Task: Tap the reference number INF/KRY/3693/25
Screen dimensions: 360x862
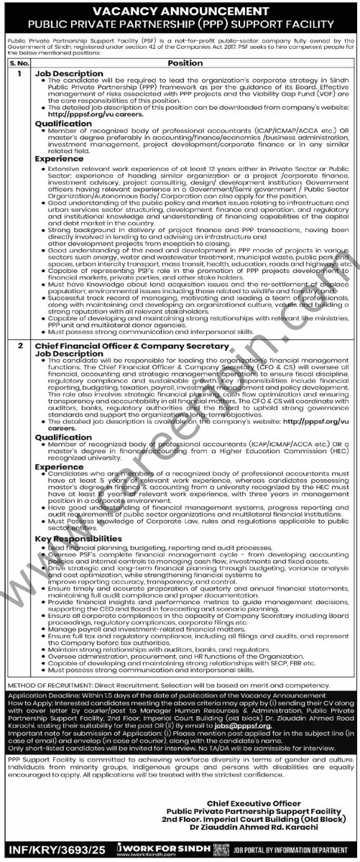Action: tap(45, 851)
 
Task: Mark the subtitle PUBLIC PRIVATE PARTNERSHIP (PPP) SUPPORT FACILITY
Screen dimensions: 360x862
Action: tap(180, 24)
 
